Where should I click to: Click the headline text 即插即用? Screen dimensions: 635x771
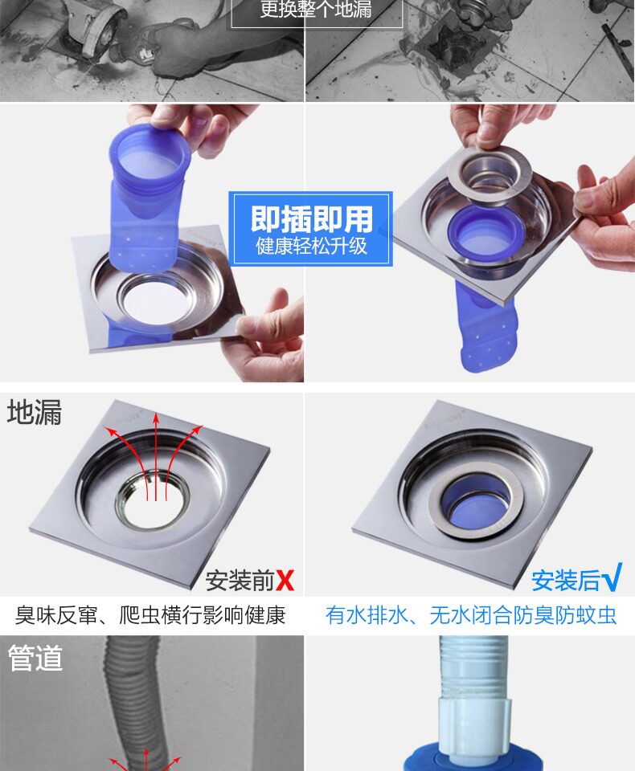[311, 219]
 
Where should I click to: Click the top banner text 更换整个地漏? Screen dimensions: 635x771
[316, 10]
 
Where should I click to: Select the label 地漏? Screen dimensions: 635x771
[35, 411]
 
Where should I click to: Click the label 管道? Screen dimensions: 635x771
[35, 658]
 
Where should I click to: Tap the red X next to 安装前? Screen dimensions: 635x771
[285, 580]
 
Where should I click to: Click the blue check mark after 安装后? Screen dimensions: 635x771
[612, 577]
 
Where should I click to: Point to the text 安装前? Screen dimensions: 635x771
[240, 581]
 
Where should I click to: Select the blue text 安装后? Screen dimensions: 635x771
[566, 581]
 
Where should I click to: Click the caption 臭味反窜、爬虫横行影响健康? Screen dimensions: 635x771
[150, 615]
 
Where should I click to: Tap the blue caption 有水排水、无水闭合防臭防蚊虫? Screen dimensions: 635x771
[471, 615]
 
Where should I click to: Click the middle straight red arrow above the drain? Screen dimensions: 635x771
[156, 457]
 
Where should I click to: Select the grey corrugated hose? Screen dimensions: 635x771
[135, 704]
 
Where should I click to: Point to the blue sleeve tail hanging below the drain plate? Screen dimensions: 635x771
[485, 327]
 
